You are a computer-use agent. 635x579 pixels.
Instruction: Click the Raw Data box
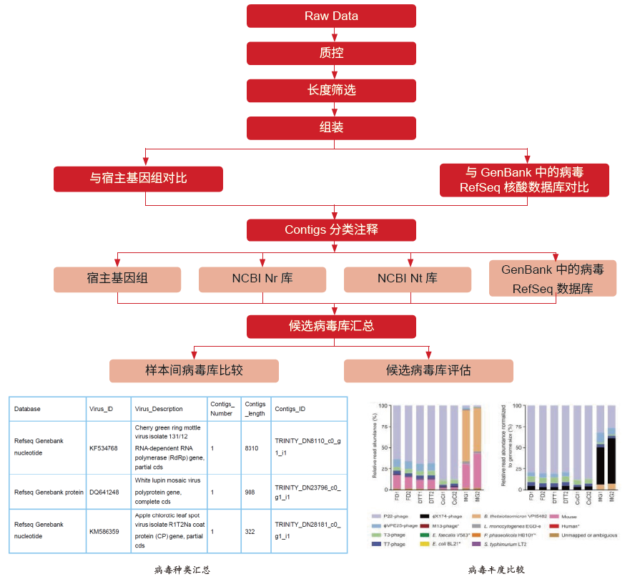pyautogui.click(x=331, y=16)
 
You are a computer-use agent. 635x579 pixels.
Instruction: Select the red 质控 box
pyautogui.click(x=331, y=53)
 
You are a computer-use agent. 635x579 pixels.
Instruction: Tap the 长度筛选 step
pyautogui.click(x=331, y=90)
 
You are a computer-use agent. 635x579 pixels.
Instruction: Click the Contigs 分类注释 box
pyautogui.click(x=331, y=229)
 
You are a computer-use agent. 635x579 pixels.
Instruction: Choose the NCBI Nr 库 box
pyautogui.click(x=262, y=279)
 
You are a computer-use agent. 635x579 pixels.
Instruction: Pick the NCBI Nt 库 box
pyautogui.click(x=407, y=279)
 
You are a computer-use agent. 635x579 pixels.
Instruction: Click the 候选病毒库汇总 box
pyautogui.click(x=331, y=326)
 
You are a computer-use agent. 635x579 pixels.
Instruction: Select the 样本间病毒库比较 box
pyautogui.click(x=194, y=370)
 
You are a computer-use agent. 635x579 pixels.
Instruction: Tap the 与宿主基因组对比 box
pyautogui.click(x=138, y=178)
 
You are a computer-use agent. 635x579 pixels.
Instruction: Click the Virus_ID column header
pyautogui.click(x=101, y=409)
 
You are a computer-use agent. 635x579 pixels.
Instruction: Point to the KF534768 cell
pyautogui.click(x=103, y=448)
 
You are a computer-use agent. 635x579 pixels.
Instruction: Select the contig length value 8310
pyautogui.click(x=251, y=448)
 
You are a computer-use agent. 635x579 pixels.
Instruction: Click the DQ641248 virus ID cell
pyautogui.click(x=104, y=492)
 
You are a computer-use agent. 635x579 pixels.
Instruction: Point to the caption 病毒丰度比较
pyautogui.click(x=496, y=570)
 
